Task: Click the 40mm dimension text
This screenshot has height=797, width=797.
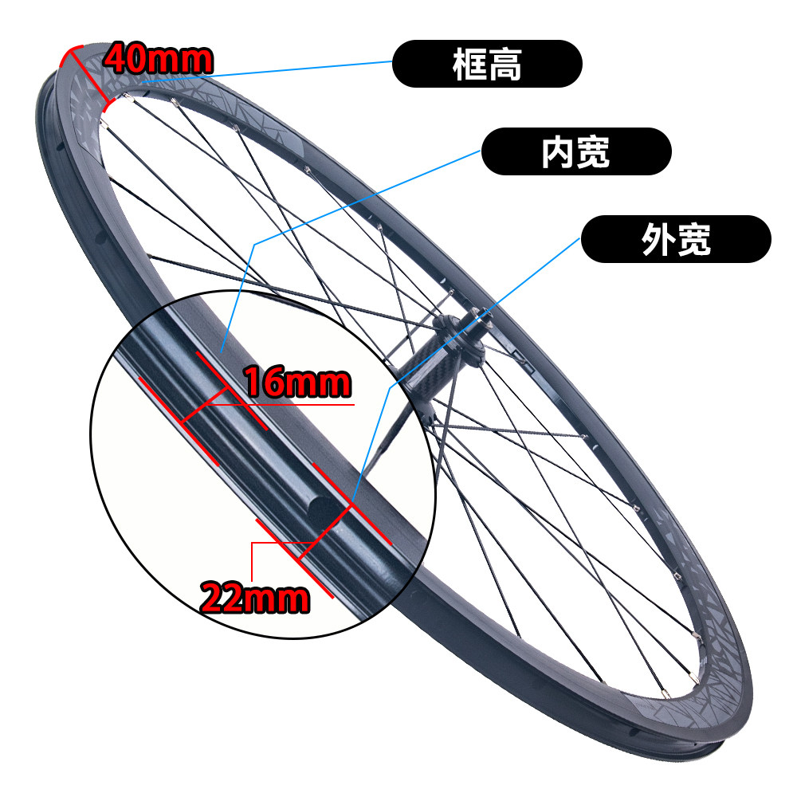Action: click(x=159, y=58)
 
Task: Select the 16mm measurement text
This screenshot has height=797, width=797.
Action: click(x=296, y=383)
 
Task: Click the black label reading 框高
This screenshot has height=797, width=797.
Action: click(x=486, y=64)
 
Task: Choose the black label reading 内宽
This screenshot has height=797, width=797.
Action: click(x=575, y=151)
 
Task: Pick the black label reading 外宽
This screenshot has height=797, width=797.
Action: click(x=676, y=239)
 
